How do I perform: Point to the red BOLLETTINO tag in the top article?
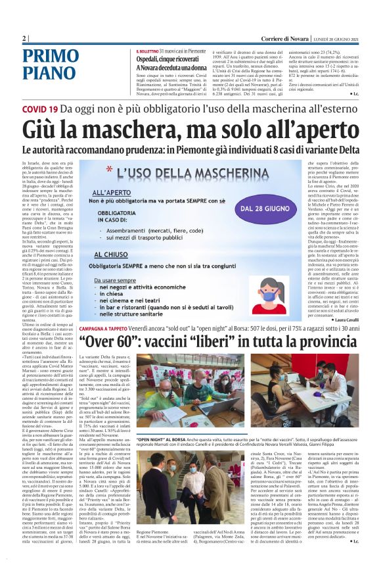coord(149,51)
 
